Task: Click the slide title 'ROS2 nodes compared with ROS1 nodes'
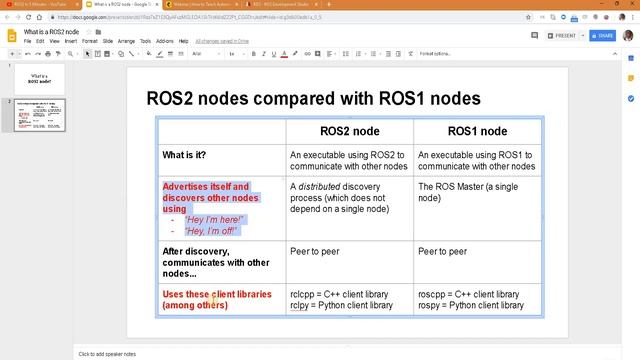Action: click(x=313, y=98)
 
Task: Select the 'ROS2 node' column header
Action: click(x=349, y=131)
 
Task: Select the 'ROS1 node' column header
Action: click(x=477, y=131)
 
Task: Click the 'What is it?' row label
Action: click(x=198, y=155)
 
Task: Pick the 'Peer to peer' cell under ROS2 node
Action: click(x=314, y=251)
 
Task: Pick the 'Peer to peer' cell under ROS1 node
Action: click(x=442, y=251)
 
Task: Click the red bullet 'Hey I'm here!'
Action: click(x=215, y=219)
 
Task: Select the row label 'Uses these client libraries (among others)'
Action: click(x=213, y=299)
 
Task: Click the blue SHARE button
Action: click(x=602, y=35)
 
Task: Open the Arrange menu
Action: click(x=127, y=41)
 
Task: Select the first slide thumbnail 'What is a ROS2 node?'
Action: click(x=40, y=78)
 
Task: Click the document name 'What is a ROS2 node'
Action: click(x=51, y=32)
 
